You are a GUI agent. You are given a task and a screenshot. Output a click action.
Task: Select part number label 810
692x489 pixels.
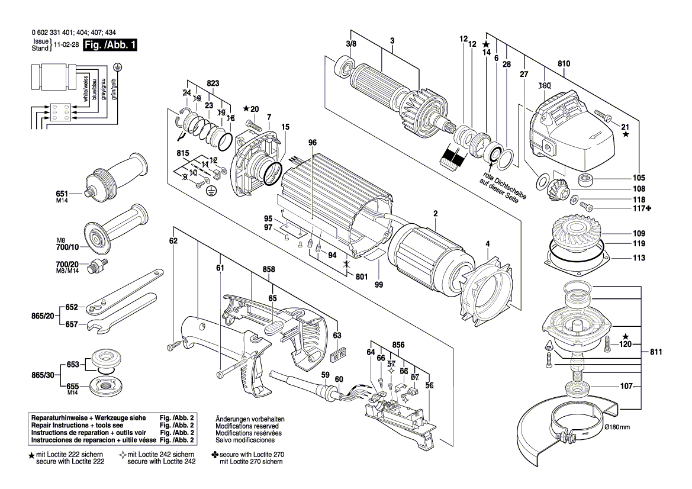click(564, 64)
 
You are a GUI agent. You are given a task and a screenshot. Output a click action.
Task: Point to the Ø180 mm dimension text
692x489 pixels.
click(617, 427)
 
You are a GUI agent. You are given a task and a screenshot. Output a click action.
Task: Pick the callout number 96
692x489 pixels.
click(313, 143)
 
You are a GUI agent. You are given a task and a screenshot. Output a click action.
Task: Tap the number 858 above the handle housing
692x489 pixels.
click(269, 270)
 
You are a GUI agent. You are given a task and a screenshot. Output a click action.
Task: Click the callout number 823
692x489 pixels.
click(213, 83)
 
